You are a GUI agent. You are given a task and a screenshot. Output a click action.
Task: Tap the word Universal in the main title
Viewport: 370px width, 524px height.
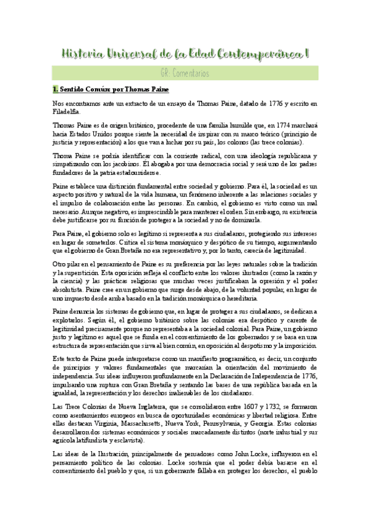click(134, 54)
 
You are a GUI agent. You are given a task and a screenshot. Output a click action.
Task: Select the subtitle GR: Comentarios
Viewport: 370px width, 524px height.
click(184, 74)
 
